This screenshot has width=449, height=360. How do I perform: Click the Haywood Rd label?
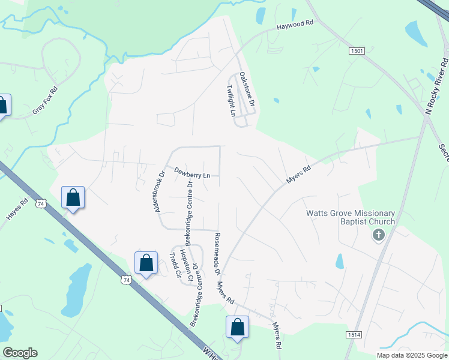tap(295, 26)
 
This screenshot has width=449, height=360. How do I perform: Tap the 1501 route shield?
tap(357, 52)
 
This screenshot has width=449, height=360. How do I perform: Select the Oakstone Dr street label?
tap(247, 90)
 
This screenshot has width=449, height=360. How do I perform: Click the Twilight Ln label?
tap(230, 100)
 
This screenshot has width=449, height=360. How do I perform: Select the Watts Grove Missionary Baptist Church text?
tap(351, 217)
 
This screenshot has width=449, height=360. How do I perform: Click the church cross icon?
tap(378, 235)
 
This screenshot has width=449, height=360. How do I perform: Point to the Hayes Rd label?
tap(16, 211)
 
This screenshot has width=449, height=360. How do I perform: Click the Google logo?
tap(20, 353)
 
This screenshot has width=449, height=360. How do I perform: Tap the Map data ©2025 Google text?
tap(411, 355)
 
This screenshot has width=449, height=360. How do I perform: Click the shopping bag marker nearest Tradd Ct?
tap(146, 263)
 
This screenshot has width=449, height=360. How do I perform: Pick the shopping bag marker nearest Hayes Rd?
tap(73, 197)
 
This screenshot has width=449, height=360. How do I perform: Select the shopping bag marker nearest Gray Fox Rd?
tap(3, 106)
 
